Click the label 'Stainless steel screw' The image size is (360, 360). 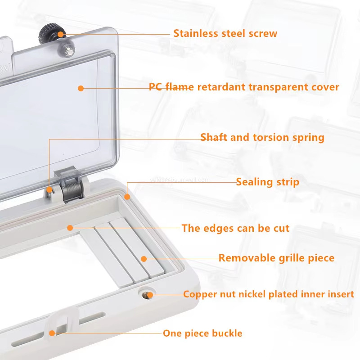tap(225, 33)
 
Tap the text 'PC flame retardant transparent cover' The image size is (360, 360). tap(244, 87)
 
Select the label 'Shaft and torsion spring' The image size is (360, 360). tap(262, 137)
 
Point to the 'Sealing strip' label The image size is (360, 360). tap(267, 182)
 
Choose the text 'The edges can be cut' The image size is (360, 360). tap(235, 228)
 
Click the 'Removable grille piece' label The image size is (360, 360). tap(276, 258)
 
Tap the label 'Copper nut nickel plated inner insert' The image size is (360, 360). tap(268, 294)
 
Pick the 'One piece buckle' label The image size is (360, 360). tap(202, 333)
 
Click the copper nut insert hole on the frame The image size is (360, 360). tap(146, 294)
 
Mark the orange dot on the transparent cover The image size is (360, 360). tap(81, 88)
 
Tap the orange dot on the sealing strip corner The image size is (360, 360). tap(127, 196)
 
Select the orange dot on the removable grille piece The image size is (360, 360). tap(144, 258)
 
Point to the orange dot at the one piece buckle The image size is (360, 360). tap(52, 333)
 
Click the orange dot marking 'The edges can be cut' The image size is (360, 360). tap(70, 228)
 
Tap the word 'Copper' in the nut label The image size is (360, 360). tap(198, 294)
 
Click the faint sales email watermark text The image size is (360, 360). tap(180, 180)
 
